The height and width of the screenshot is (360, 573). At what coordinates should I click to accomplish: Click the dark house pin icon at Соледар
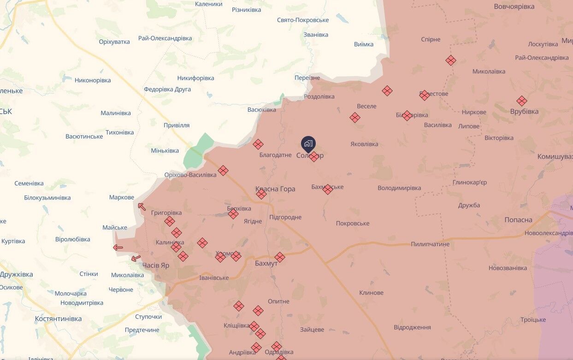pyautogui.click(x=308, y=143)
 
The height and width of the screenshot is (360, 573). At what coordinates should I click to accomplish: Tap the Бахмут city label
pyautogui.click(x=266, y=263)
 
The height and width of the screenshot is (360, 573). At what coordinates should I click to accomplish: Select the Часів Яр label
pyautogui.click(x=155, y=266)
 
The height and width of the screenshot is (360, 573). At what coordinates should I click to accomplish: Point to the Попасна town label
pyautogui.click(x=518, y=220)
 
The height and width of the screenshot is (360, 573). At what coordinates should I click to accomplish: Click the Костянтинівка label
pyautogui.click(x=58, y=319)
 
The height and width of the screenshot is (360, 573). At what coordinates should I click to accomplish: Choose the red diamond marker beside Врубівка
pyautogui.click(x=521, y=101)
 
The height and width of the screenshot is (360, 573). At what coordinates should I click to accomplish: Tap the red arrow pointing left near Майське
pyautogui.click(x=118, y=248)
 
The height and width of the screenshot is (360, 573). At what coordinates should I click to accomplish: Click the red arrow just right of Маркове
pyautogui.click(x=142, y=207)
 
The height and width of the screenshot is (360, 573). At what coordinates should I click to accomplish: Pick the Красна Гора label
pyautogui.click(x=275, y=189)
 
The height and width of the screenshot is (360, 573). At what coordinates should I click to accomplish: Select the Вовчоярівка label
pyautogui.click(x=514, y=6)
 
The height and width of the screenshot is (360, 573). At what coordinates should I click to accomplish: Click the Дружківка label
pyautogui.click(x=17, y=274)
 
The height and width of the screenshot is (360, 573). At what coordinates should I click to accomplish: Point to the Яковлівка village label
pyautogui.click(x=364, y=144)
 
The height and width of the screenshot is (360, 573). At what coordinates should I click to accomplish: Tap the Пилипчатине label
pyautogui.click(x=430, y=244)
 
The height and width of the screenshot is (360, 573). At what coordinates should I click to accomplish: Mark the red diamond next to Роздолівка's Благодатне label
pyautogui.click(x=258, y=144)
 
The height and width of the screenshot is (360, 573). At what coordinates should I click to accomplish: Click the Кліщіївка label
pyautogui.click(x=236, y=325)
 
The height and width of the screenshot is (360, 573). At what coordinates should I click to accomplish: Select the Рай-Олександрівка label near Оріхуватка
pyautogui.click(x=165, y=38)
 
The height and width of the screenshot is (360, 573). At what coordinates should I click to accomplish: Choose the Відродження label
pyautogui.click(x=412, y=327)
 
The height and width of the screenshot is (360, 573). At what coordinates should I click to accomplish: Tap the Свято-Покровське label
pyautogui.click(x=303, y=20)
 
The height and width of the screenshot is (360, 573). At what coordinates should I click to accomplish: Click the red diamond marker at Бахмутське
pyautogui.click(x=327, y=189)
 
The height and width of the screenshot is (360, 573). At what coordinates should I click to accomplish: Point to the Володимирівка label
pyautogui.click(x=399, y=188)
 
